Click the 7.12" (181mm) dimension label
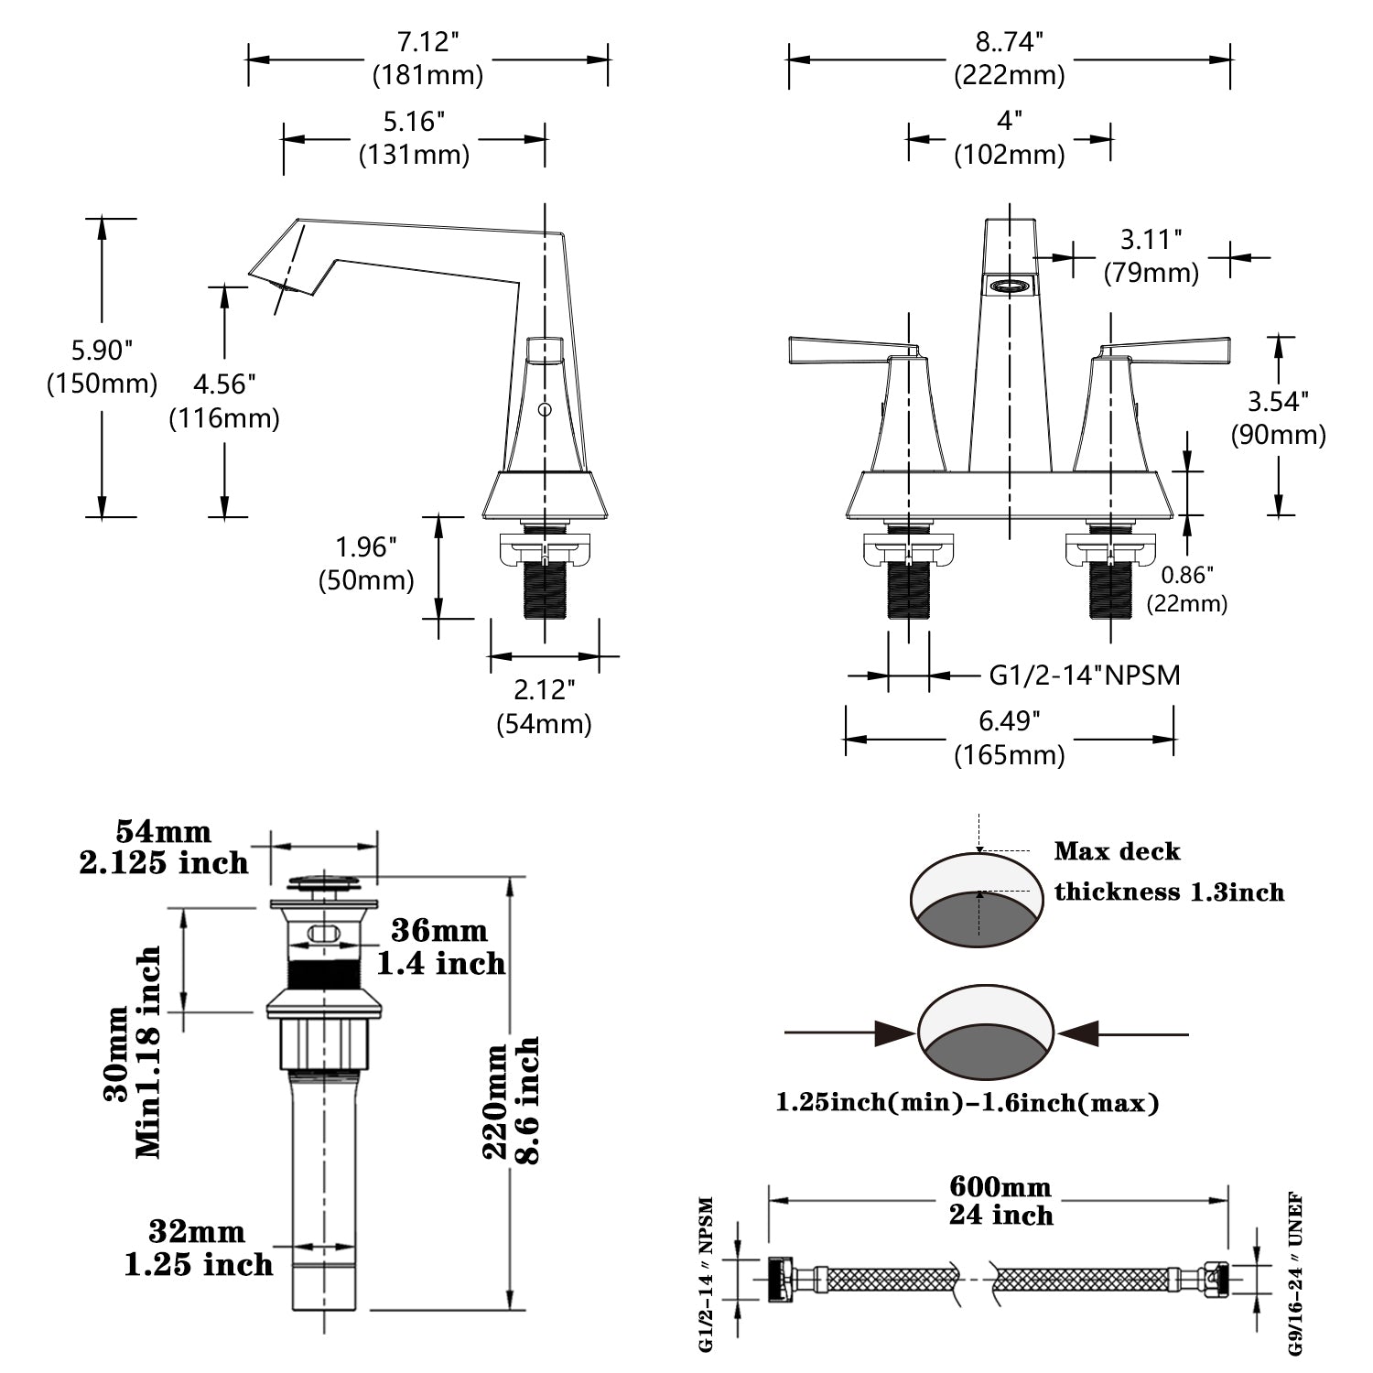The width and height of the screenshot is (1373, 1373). pos(427,59)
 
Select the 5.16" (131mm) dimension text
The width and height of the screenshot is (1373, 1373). pos(414,138)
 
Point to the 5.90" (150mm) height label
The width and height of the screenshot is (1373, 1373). pos(102,367)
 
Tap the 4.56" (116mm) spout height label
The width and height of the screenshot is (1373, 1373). pos(224,401)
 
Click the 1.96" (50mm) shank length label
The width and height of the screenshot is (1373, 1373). pos(366,564)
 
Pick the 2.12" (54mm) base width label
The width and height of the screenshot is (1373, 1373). pos(544,707)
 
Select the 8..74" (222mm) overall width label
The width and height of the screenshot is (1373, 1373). pos(1010,59)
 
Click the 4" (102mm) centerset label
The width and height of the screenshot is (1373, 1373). pos(1010,138)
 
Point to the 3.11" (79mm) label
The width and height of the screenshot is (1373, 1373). pos(1151,256)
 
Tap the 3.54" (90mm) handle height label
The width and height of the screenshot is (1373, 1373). pos(1278,417)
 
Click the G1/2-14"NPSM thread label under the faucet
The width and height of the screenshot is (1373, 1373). pos(1085,676)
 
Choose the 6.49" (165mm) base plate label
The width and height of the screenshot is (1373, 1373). pos(1010,738)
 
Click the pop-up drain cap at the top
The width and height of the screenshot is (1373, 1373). pos(324,883)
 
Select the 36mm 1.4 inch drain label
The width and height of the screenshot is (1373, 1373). pos(440,946)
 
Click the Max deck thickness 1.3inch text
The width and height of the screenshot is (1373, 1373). pos(1168,871)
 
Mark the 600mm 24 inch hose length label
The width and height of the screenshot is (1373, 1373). pos(1000,1201)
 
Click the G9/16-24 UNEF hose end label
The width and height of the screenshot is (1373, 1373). pos(1295,1273)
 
